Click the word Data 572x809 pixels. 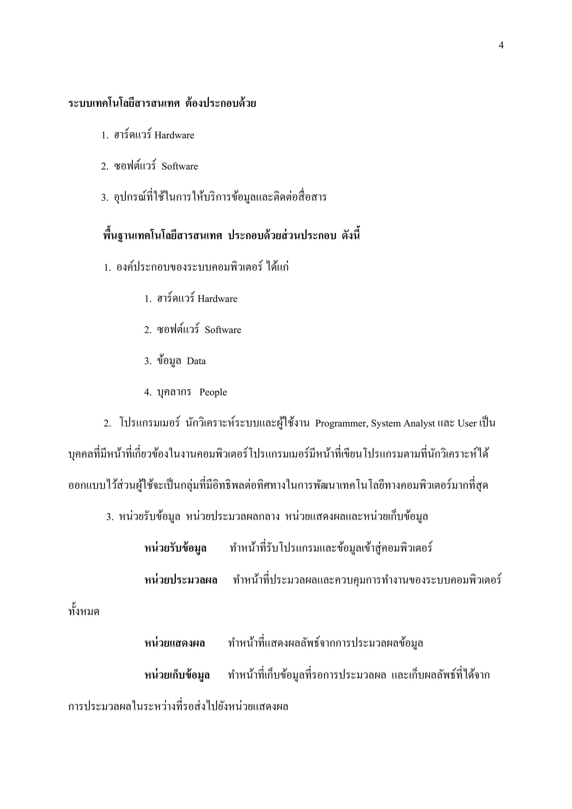196,361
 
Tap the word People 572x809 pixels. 213,392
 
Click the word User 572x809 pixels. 467,423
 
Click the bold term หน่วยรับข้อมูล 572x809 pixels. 175,548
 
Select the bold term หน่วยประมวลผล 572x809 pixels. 181,580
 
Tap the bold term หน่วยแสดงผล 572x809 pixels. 175,643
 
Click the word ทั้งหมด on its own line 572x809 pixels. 84,611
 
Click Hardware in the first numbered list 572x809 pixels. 174,135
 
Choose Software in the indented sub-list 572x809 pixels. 223,330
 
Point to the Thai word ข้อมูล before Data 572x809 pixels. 169,361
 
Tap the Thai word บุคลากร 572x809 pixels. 174,392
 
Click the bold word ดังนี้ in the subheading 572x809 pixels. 351,235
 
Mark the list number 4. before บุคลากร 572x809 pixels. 148,392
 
